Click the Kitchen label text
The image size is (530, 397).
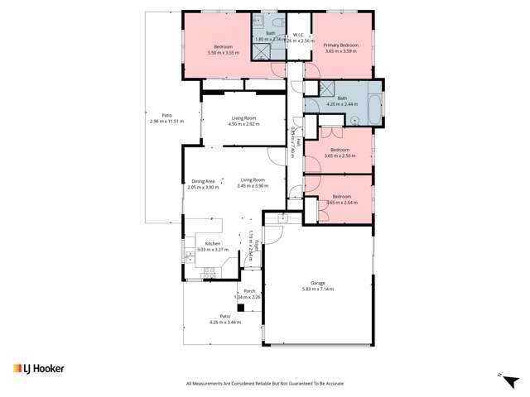pos(213,244)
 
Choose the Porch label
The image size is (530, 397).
pos(248,291)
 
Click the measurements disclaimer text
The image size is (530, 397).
pos(264,384)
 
